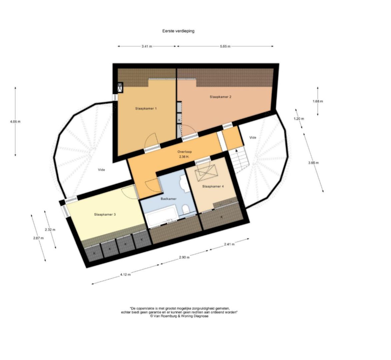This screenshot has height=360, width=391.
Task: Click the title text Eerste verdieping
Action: (x=178, y=31)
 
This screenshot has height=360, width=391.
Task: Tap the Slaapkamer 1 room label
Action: (x=146, y=109)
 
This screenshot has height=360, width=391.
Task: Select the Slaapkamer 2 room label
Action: (x=220, y=97)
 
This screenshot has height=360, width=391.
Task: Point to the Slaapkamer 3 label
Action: (x=105, y=215)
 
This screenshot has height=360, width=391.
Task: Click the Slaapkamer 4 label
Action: (x=213, y=187)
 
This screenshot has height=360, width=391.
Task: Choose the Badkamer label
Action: (x=168, y=199)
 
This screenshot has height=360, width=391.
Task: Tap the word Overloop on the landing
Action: (x=184, y=151)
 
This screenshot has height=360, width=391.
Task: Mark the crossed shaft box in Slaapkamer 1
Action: (x=120, y=87)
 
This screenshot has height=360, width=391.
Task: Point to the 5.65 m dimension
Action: (x=225, y=47)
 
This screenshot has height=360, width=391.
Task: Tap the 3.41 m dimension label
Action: (x=147, y=47)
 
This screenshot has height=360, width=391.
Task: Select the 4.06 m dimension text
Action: (x=15, y=122)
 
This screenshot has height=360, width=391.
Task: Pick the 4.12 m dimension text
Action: (x=125, y=275)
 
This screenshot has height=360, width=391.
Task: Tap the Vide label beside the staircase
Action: (x=253, y=138)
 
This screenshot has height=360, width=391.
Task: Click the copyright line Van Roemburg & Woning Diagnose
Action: (x=179, y=316)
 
